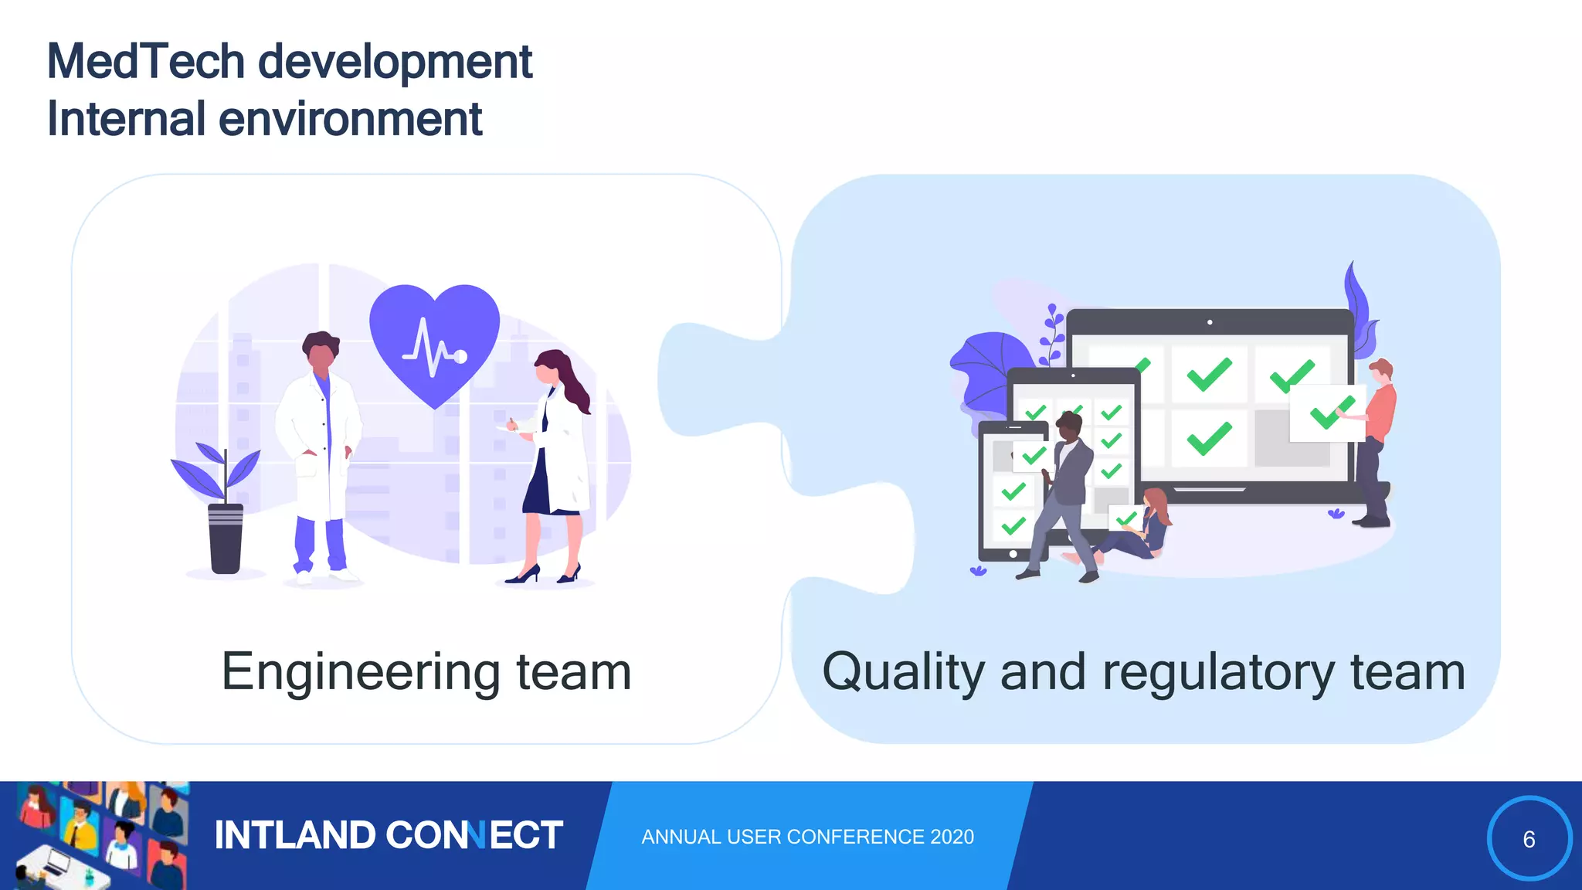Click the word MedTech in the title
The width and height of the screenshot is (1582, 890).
(x=146, y=62)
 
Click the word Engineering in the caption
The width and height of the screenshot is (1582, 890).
(x=361, y=672)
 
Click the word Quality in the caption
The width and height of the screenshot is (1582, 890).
(x=903, y=672)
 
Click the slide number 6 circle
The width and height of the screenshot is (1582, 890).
(x=1529, y=839)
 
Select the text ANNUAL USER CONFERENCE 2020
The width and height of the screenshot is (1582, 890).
(x=807, y=837)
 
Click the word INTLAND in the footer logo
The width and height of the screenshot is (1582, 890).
(x=294, y=836)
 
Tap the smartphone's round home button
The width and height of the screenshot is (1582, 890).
(x=1013, y=554)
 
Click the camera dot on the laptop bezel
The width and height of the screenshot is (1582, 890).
(x=1210, y=322)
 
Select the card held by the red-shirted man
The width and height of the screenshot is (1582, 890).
(x=1326, y=413)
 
